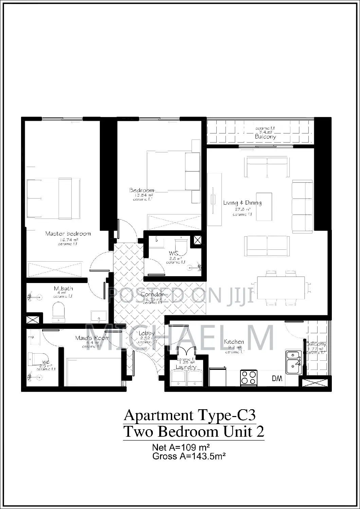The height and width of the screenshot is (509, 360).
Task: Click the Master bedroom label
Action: (x=68, y=233)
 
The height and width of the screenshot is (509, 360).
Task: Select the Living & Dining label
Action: (x=242, y=203)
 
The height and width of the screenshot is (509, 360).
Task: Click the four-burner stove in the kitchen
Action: (x=249, y=377)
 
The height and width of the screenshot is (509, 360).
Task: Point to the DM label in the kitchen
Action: (x=277, y=379)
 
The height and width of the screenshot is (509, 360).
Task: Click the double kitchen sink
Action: (x=293, y=362)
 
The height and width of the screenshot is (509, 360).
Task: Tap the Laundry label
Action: (x=186, y=367)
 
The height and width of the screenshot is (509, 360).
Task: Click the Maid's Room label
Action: (x=92, y=338)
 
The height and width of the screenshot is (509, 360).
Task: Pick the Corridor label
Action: (x=153, y=295)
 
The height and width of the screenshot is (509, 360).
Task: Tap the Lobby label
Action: (x=147, y=334)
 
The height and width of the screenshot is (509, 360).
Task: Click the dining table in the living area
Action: (x=281, y=287)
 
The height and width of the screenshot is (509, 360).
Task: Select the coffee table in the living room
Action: (x=264, y=206)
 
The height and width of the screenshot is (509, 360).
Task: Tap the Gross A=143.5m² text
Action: (x=189, y=456)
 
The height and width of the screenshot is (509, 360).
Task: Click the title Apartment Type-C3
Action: (x=190, y=415)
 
